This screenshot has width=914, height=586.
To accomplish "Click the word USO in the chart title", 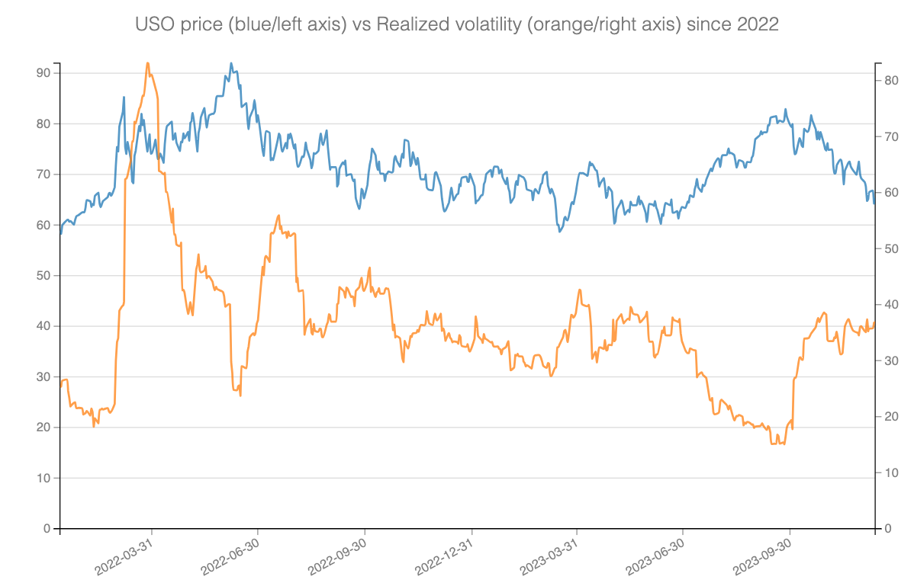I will pos(153,24).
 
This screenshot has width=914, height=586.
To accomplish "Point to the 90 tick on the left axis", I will pos(43,73).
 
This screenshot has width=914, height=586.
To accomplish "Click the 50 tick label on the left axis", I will pos(43,275).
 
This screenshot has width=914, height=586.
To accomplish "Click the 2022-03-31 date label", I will pos(124,561).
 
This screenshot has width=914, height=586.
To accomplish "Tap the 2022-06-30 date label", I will pos(230,561).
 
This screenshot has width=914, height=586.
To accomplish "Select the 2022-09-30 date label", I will pos(337,561).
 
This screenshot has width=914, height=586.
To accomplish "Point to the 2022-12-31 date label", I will pos(445,561).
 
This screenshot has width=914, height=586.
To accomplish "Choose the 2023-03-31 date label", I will pos(549,561).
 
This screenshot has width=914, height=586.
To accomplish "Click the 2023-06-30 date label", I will pos(655,561).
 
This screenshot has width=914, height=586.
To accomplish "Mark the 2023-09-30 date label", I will pos(762,561).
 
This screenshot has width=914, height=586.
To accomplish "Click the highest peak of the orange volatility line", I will pos(147,63).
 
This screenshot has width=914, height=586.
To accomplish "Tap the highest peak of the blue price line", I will pos(231,64).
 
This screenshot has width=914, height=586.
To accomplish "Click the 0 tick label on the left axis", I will pos(47,529).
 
